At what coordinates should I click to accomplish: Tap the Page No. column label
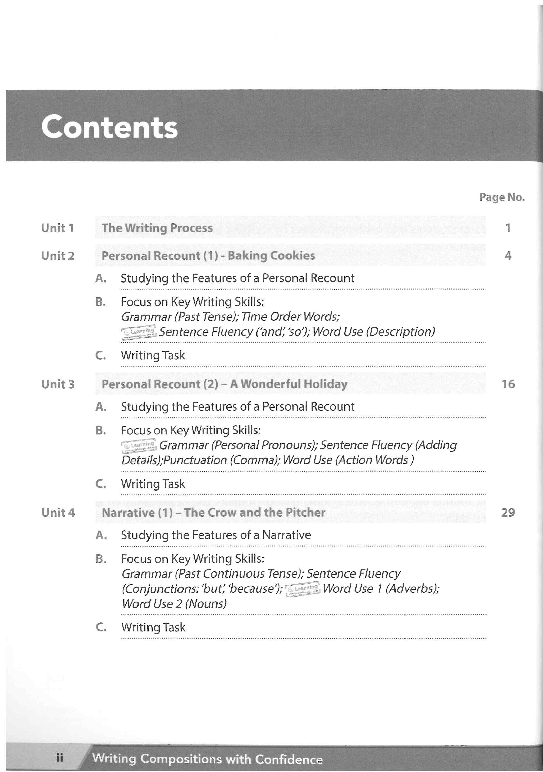coord(502,197)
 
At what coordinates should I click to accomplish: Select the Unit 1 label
coord(57,228)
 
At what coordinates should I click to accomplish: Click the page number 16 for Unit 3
coord(508,384)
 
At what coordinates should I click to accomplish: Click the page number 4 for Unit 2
coord(508,256)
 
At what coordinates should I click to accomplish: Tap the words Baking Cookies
coord(271,256)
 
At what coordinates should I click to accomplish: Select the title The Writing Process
coord(157,228)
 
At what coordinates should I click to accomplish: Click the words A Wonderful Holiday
coord(289,384)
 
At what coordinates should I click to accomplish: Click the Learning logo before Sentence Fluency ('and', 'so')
coord(138,332)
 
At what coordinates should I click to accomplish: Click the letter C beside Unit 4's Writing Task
coord(101,627)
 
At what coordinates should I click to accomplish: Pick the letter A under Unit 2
coord(101,278)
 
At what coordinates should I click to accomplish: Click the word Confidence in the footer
coord(289,759)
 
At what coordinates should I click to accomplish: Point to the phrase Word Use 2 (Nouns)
coord(174,603)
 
